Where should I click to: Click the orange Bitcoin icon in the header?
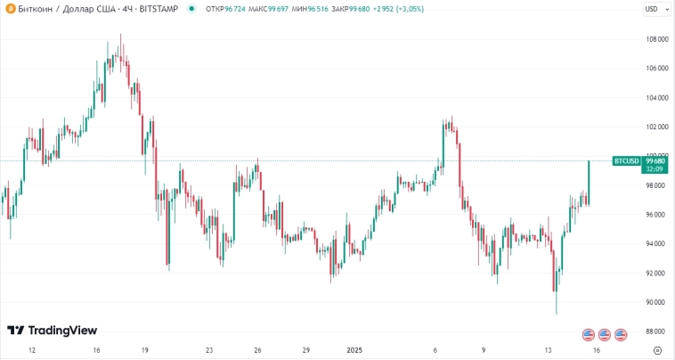(9, 9)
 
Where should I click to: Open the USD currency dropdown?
(655, 9)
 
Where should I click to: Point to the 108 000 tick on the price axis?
(657, 39)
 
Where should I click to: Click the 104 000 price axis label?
(657, 97)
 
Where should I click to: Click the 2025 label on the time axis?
(354, 350)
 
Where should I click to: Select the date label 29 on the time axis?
(305, 350)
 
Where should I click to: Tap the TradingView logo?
(52, 331)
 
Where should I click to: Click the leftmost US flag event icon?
(588, 334)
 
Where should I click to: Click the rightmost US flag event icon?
(621, 334)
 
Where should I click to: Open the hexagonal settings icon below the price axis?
(657, 350)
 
